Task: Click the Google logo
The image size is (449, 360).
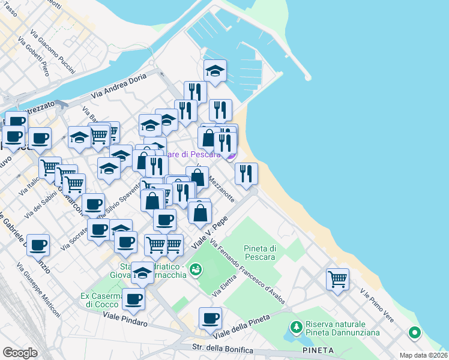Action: [x=20, y=352]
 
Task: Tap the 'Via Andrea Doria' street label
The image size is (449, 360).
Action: [x=119, y=86]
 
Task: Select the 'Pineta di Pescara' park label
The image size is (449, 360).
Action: [x=259, y=253]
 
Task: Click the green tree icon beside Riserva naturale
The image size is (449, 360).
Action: [x=295, y=328]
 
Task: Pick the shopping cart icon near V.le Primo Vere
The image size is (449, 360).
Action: [x=337, y=278]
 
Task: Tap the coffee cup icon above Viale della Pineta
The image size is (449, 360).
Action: [x=210, y=318]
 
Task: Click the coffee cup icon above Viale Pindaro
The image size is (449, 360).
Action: [x=133, y=298]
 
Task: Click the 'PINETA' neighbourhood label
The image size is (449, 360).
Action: [x=319, y=350]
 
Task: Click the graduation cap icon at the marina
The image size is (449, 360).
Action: [x=215, y=71]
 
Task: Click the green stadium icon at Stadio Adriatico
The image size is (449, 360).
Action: [x=195, y=270]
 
